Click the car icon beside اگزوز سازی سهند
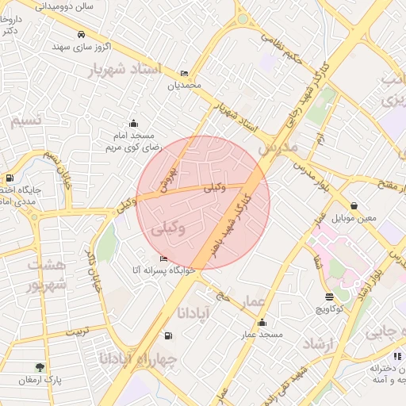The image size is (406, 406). click(82, 35)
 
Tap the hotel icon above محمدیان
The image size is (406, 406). click(185, 73)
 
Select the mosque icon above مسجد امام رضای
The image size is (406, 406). click(133, 123)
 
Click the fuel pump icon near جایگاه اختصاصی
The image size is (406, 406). click(10, 178)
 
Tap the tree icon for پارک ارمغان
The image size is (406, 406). click(40, 367)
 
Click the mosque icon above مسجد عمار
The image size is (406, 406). click(262, 323)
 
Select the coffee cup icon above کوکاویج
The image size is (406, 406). click(329, 297)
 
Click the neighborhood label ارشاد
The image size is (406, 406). click(320, 343)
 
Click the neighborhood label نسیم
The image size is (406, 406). click(24, 121)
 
